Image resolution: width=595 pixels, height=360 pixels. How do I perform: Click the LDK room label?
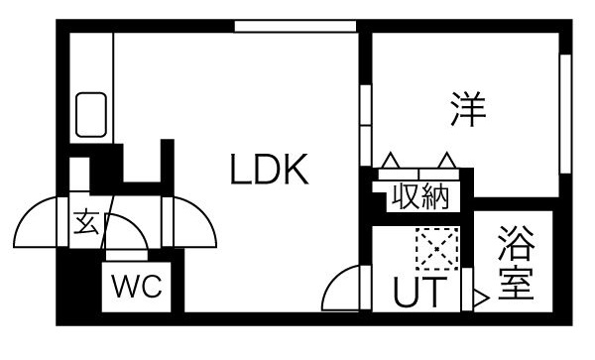pyautogui.click(x=271, y=172)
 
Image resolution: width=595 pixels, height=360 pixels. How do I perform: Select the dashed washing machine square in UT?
pyautogui.click(x=433, y=249)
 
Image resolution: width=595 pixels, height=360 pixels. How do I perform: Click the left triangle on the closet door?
pyautogui.click(x=391, y=159)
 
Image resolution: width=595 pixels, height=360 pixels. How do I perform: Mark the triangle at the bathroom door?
pyautogui.click(x=480, y=297)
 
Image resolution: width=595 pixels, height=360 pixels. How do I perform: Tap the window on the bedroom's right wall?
pyautogui.click(x=566, y=113)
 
